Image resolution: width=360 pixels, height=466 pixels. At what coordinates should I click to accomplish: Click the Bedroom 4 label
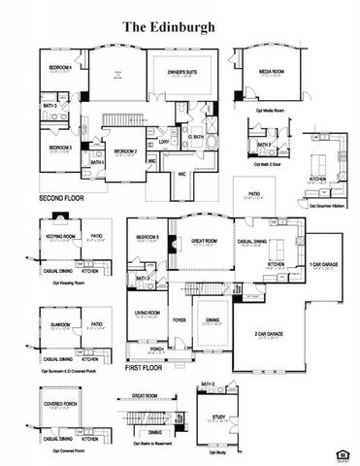click(x=61, y=67)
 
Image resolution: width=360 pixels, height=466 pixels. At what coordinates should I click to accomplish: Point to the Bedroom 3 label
click(x=61, y=147)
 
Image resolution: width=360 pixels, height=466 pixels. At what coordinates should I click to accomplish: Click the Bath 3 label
click(x=49, y=105)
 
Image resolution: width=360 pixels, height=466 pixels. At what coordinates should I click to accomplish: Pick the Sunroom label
click(x=61, y=323)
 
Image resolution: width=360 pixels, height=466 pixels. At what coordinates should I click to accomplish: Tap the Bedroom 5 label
click(x=147, y=238)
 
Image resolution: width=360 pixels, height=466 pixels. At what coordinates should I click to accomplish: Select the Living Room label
click(x=147, y=313)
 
